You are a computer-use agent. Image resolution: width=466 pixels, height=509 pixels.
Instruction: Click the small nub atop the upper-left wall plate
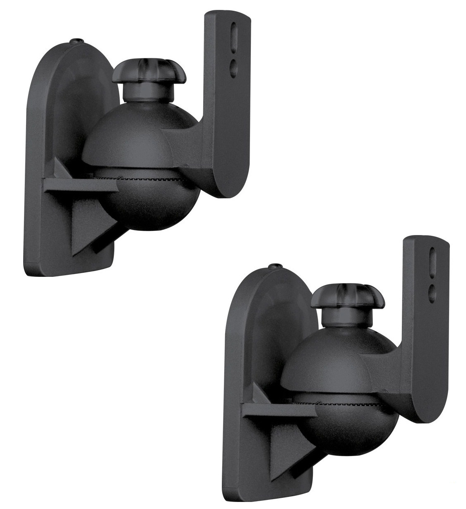click(76, 40)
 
